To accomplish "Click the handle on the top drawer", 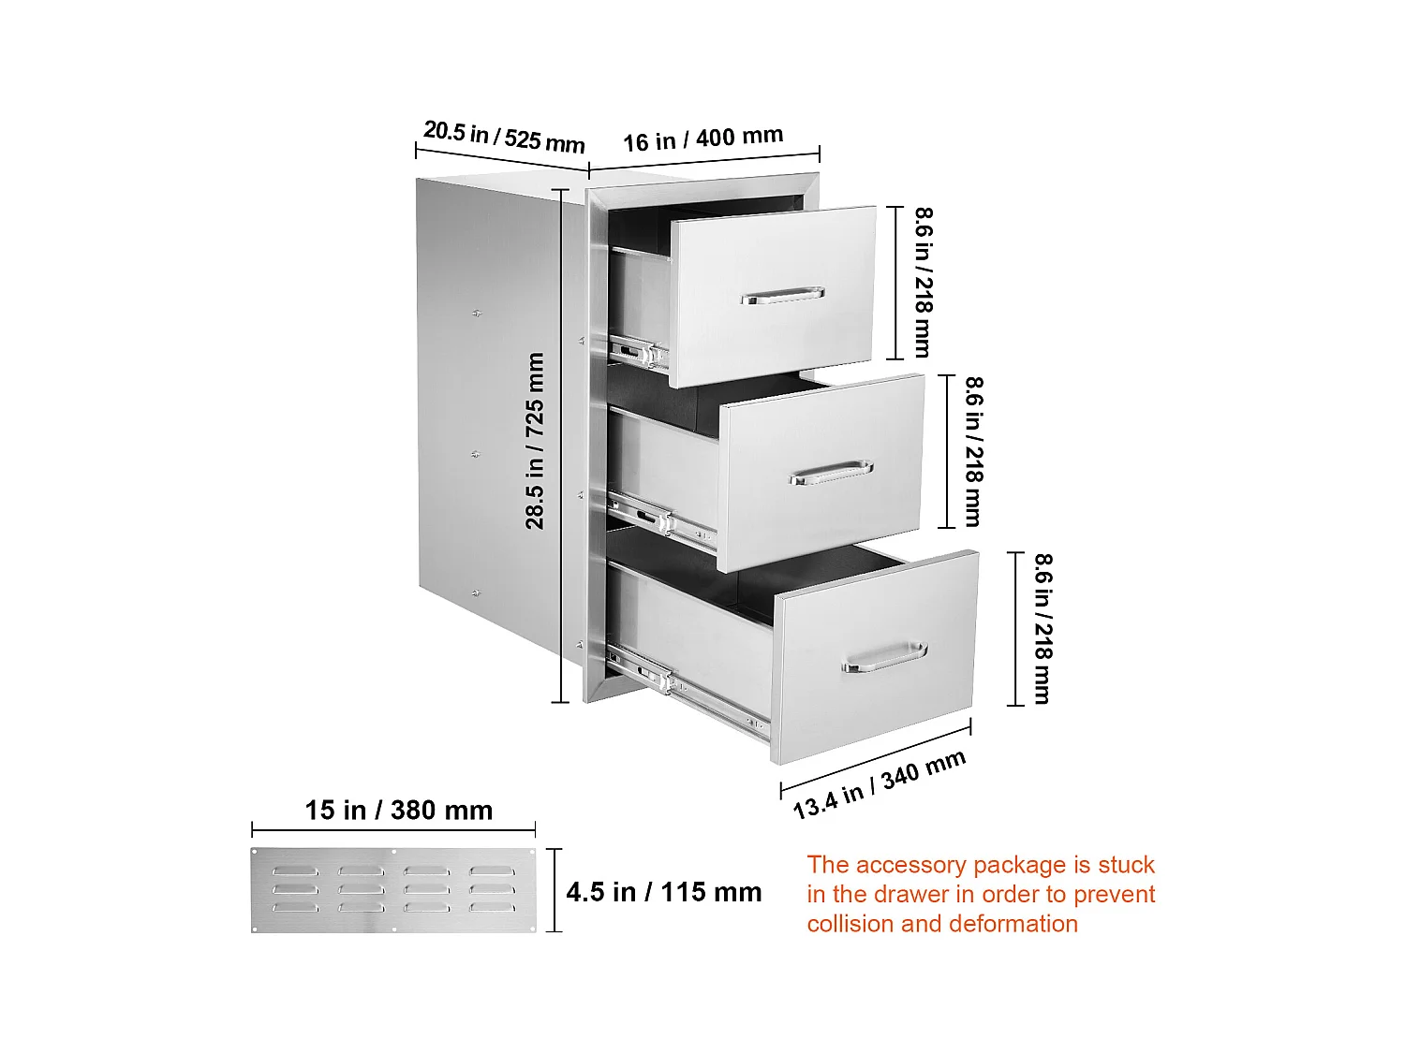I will (782, 296).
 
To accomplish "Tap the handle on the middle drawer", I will (831, 473).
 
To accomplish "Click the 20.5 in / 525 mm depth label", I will (503, 137).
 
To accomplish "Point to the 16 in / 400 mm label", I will (702, 139).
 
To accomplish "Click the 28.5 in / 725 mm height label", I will (535, 440).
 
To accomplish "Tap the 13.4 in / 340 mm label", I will (879, 784).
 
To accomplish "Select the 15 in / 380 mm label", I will (398, 810).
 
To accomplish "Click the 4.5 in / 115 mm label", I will (663, 892).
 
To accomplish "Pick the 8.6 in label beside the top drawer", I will (923, 282).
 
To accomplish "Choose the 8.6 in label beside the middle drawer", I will (974, 451).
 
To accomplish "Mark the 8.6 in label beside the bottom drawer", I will (1043, 628).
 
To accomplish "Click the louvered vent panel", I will (393, 890).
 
